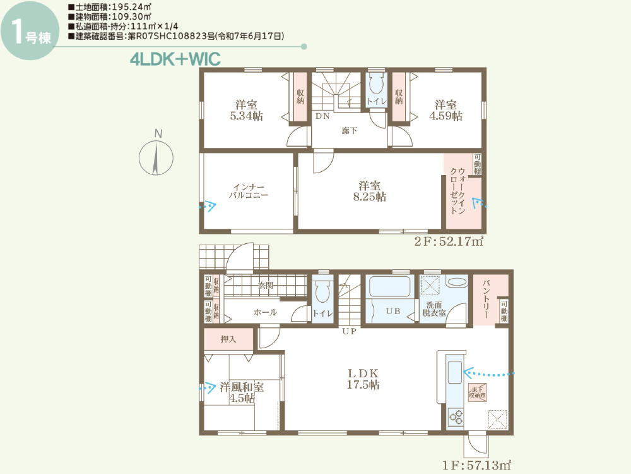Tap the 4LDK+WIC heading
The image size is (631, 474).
[x=175, y=60]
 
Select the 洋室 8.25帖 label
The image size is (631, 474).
[x=369, y=191]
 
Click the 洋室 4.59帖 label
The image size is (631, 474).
[x=445, y=110]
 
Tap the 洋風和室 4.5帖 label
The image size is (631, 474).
[x=242, y=392]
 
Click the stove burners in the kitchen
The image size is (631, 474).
[x=456, y=416]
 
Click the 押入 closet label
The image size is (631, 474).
[x=228, y=339]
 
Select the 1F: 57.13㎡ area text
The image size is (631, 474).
[x=477, y=465]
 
